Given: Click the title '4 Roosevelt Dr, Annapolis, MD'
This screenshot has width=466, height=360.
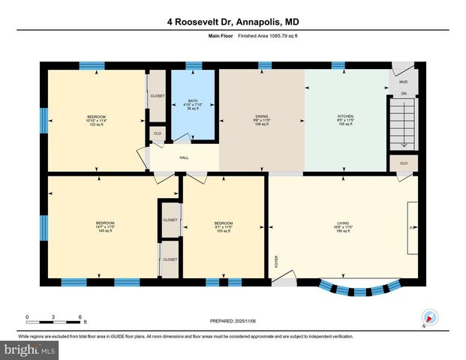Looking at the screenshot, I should click(x=233, y=22).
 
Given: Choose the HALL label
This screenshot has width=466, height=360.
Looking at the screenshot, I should click(x=184, y=158).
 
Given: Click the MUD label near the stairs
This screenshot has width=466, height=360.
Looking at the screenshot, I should click(x=403, y=82).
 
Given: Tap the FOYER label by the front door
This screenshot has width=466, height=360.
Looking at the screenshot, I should click(x=276, y=262).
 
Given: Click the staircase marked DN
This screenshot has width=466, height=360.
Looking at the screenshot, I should click(x=403, y=124).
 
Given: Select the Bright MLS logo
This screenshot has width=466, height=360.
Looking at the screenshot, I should click(x=30, y=350).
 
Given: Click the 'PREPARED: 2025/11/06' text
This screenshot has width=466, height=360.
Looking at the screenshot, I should click(x=233, y=321).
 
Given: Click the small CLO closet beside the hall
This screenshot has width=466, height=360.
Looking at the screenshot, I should click(x=158, y=133).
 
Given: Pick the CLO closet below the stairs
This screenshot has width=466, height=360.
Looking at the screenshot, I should click(x=403, y=163).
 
